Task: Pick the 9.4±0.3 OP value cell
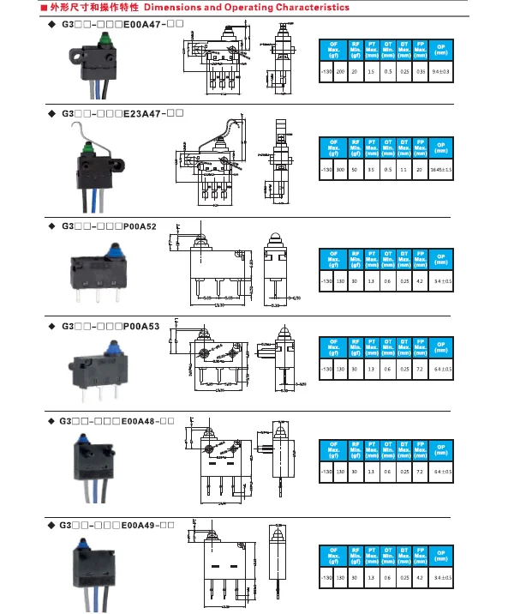click(441, 73)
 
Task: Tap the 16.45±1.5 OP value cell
click(441, 171)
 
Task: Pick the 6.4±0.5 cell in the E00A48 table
click(441, 473)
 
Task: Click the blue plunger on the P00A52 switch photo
click(113, 248)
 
